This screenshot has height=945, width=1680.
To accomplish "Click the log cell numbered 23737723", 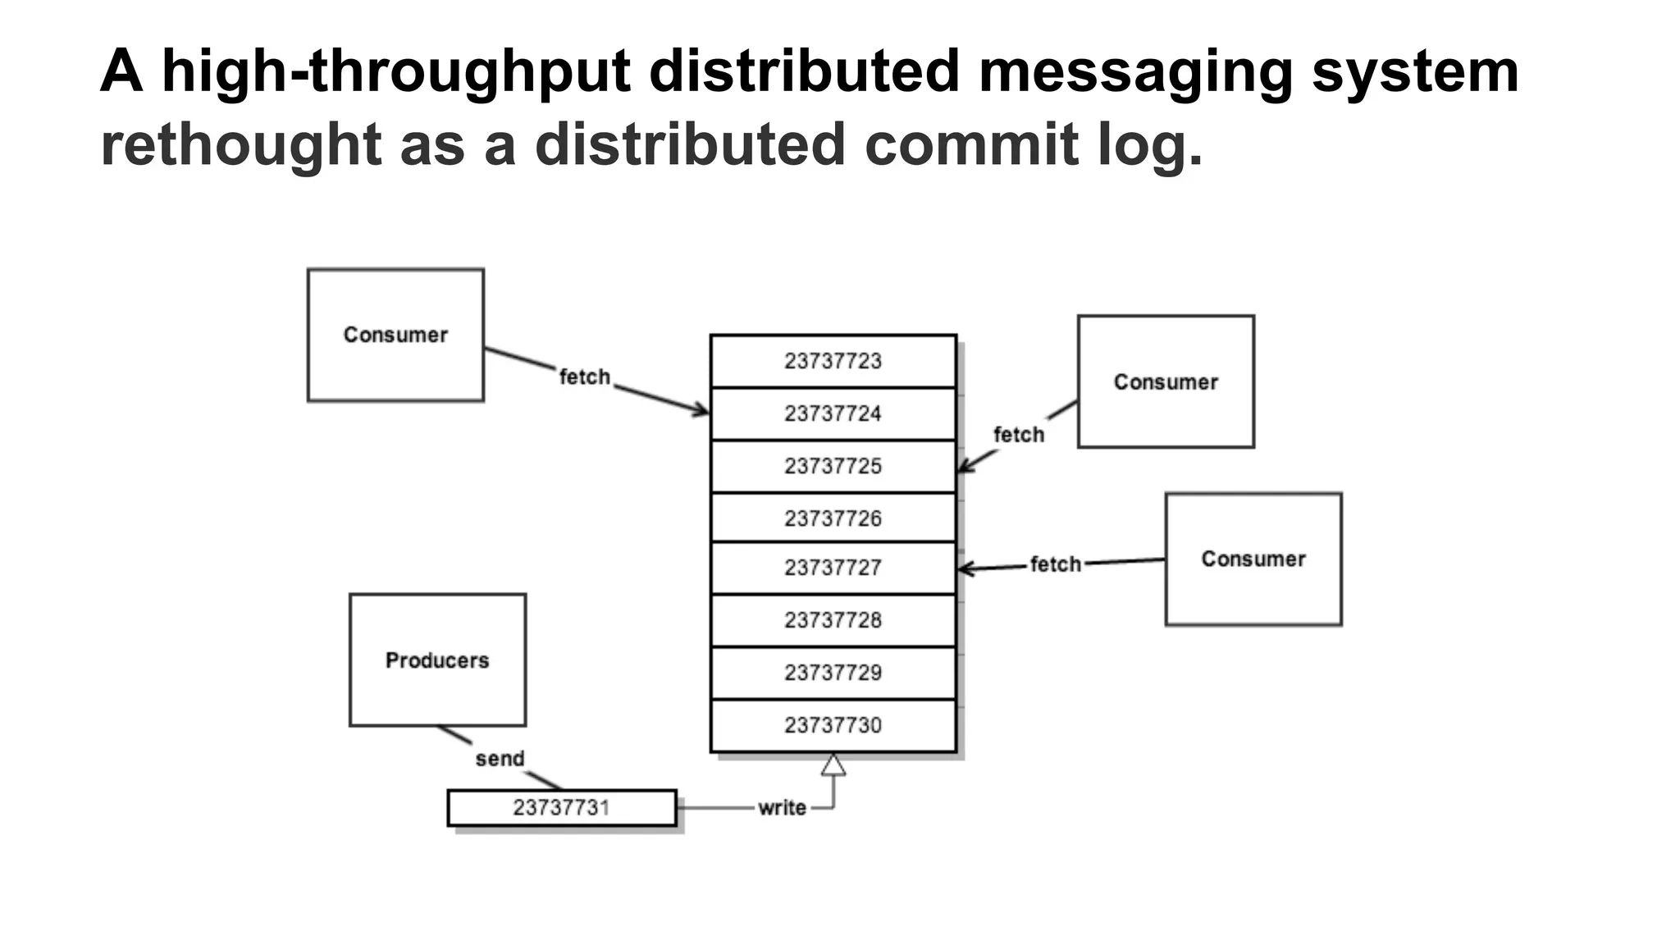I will pos(833,361).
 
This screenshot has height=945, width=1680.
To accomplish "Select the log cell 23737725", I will pos(833,466).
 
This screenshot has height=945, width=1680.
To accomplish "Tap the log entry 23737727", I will pos(833,568).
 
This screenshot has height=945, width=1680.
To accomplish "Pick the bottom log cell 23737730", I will pos(833,725).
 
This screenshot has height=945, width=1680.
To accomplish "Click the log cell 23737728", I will pos(833,620).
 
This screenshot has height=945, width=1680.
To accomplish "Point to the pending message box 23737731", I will pos(562,808).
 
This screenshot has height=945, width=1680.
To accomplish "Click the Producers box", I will pos(437,660).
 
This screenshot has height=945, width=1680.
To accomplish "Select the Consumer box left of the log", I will pos(395,335).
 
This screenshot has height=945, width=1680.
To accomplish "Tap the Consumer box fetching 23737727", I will pos(1253,559).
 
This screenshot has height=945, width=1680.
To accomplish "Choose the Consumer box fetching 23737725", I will pos(1165,381).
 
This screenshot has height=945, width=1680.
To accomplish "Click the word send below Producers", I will pos(500,759).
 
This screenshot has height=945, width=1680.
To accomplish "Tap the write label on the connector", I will pos(782,808).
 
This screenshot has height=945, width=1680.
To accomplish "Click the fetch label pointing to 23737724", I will pos(585,377).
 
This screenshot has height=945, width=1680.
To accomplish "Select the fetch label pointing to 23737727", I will pos(1056,564).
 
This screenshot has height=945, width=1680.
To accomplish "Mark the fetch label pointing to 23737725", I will pos(1019,435).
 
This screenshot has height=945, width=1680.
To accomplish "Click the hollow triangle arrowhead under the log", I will pos(833,765).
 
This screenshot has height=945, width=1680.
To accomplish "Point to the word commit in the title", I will pos(971,144).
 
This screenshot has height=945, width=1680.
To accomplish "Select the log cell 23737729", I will pos(833,673).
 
